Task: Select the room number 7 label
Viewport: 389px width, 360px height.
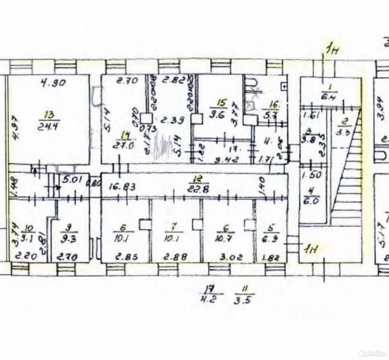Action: (x=173, y=227)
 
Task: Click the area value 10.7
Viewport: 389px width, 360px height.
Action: (x=224, y=238)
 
